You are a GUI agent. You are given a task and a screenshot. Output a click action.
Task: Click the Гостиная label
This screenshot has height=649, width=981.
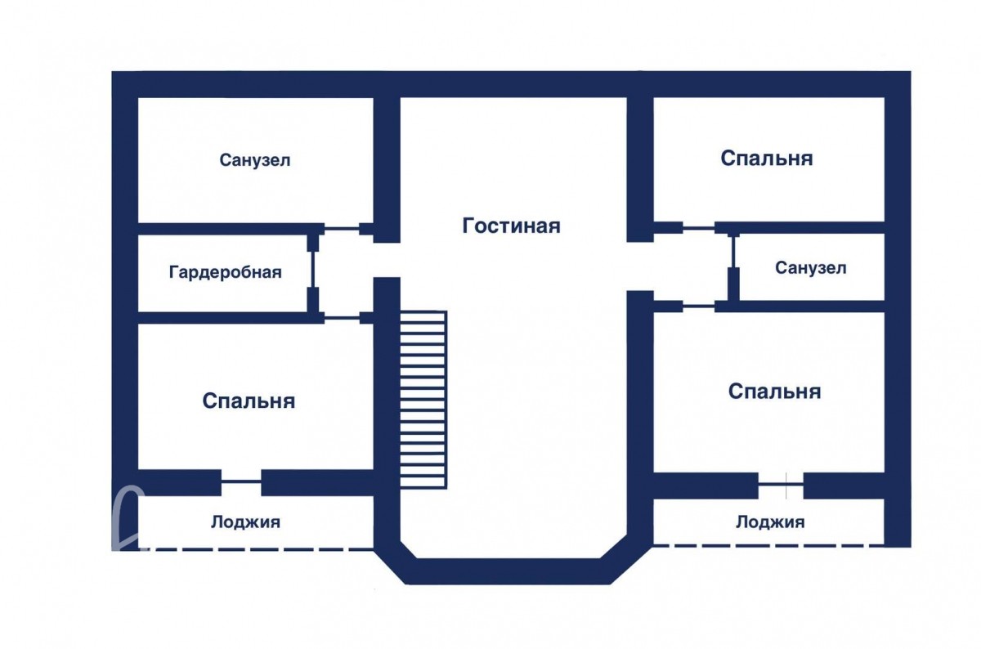(x=511, y=226)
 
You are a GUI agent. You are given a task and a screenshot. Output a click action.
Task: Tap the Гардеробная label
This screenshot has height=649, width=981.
(x=225, y=272)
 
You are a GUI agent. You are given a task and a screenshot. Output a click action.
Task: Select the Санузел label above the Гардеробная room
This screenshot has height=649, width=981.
(x=255, y=160)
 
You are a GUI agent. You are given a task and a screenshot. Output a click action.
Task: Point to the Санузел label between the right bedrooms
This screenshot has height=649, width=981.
(x=811, y=267)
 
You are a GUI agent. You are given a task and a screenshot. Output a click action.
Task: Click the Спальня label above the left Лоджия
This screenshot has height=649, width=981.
(x=249, y=401)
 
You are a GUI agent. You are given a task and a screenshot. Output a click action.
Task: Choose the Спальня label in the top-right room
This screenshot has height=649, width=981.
(x=767, y=158)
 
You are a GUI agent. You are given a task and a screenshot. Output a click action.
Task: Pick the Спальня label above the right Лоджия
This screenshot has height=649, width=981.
(x=774, y=392)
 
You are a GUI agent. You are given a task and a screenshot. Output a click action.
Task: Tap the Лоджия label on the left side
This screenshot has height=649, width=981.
(x=245, y=521)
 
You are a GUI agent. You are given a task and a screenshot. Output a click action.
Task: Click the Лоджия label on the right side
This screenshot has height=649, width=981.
(x=769, y=521)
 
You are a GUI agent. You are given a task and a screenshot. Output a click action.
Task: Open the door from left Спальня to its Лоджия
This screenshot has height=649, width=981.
(x=241, y=482)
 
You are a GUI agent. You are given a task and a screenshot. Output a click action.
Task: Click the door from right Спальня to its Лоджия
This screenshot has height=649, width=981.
(x=781, y=486)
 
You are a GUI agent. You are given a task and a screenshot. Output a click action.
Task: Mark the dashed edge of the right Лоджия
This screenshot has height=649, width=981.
(x=768, y=545)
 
